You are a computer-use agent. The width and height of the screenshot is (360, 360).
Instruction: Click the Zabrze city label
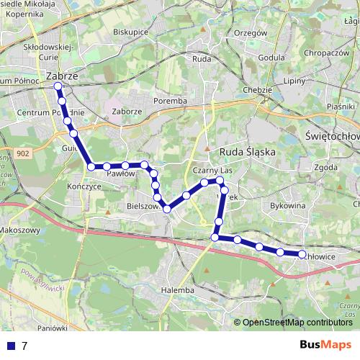click(61, 75)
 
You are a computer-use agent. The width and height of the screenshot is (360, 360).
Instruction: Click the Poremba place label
click(170, 102)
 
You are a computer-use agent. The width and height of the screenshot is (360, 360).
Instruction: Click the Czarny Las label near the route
click(211, 170)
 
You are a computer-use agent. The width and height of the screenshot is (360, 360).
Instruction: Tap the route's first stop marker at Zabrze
click(58, 86)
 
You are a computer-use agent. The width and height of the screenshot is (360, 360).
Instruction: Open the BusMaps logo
click(326, 346)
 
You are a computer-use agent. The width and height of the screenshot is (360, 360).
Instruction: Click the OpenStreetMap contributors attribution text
click(297, 323)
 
